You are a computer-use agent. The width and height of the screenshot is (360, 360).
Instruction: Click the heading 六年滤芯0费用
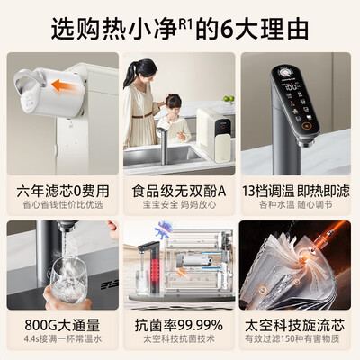pyautogui.click(x=61, y=191)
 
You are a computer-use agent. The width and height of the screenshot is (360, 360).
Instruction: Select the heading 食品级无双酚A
pyautogui.click(x=180, y=191)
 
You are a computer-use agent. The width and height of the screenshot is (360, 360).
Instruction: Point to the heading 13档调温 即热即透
pyautogui.click(x=298, y=191)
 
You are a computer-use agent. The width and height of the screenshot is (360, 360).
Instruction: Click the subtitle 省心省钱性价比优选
pyautogui.click(x=61, y=206)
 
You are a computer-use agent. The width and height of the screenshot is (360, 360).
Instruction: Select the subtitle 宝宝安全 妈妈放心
pyautogui.click(x=180, y=206)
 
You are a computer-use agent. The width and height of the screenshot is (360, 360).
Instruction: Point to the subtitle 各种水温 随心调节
pyautogui.click(x=298, y=206)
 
